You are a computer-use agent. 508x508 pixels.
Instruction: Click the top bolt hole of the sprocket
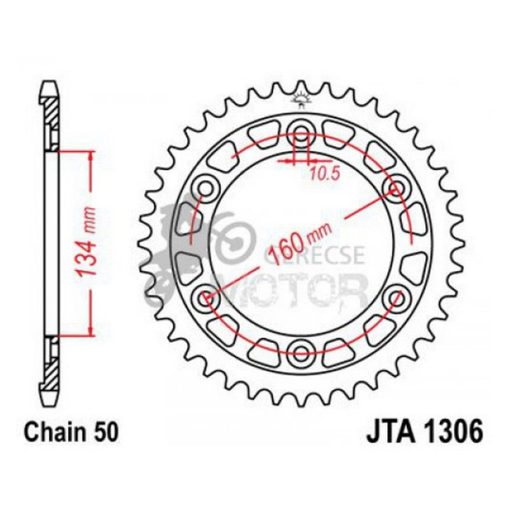(302, 129)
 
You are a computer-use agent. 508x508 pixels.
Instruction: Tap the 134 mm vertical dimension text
(88, 242)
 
